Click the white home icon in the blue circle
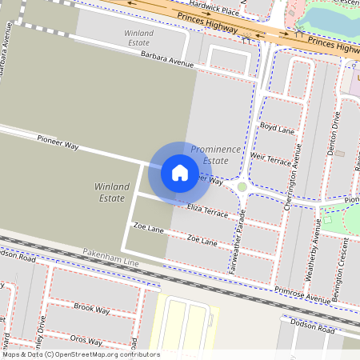pos(180,172)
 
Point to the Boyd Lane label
pos(277,127)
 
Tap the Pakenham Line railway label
pos(110,258)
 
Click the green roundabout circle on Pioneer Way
pos(242,187)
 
